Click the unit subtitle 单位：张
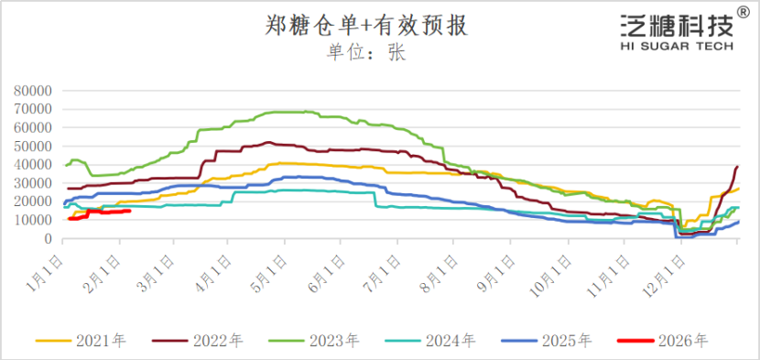pyautogui.click(x=366, y=52)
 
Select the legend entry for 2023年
pyautogui.click(x=315, y=341)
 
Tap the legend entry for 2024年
pyautogui.click(x=430, y=341)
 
